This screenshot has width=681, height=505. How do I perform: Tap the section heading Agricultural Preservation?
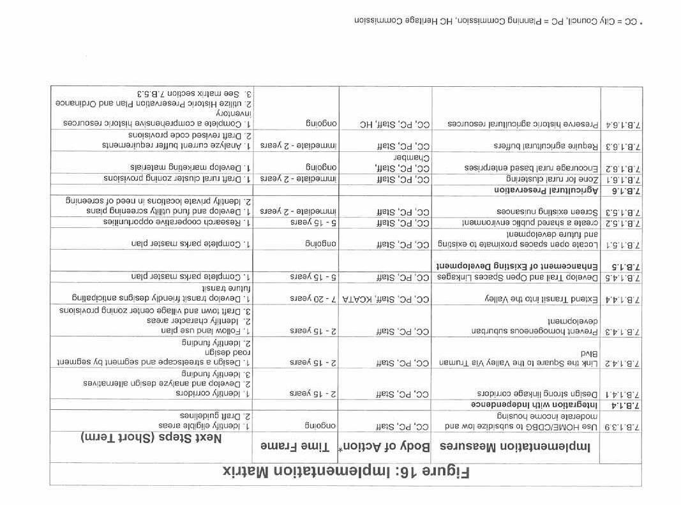pos(546,190)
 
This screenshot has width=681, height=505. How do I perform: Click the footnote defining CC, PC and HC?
pos(497,20)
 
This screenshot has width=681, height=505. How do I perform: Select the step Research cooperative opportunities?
pos(177,223)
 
